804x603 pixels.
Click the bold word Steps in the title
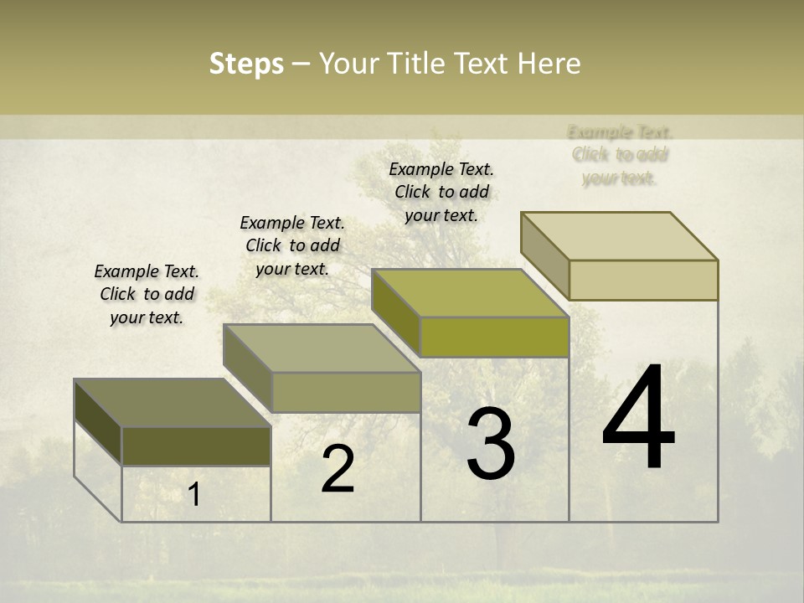coord(246,64)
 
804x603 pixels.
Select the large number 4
coord(638,418)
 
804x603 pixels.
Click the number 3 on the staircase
coord(491,444)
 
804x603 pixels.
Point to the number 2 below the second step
coord(338,469)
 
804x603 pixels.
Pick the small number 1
coord(194,495)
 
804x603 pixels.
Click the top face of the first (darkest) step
coord(172,403)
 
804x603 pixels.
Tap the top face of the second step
coord(322,348)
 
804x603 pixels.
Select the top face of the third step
coord(470,293)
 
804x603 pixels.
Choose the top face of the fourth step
coord(620,236)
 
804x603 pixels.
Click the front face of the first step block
coord(196,446)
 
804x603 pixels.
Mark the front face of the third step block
coord(494,338)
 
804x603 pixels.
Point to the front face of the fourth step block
coord(643,280)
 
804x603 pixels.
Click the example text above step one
coord(147,294)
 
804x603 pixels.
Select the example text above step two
coord(292,245)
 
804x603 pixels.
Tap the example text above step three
coord(441,192)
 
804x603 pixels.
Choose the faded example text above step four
coord(620,155)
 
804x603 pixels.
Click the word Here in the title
coord(549,64)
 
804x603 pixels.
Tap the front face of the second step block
coord(346,392)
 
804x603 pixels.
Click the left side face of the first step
coord(98,421)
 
